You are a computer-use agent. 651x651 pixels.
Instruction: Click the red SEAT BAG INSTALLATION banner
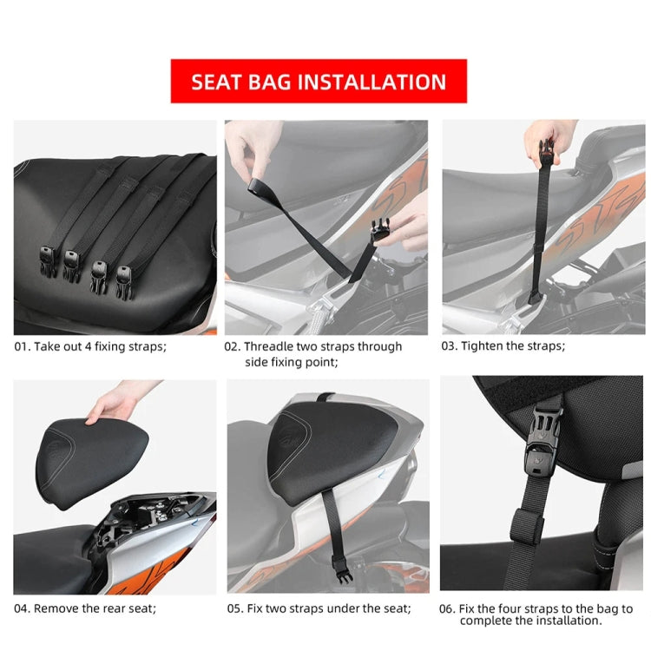(319, 82)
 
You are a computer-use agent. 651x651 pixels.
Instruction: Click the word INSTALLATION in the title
(372, 82)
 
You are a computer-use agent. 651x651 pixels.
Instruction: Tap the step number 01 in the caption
(22, 346)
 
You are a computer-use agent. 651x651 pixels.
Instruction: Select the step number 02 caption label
(232, 346)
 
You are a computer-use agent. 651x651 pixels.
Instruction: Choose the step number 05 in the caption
(235, 608)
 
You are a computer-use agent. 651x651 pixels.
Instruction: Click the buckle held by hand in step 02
(379, 231)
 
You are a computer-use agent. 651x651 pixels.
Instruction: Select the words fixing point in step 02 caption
(300, 362)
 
